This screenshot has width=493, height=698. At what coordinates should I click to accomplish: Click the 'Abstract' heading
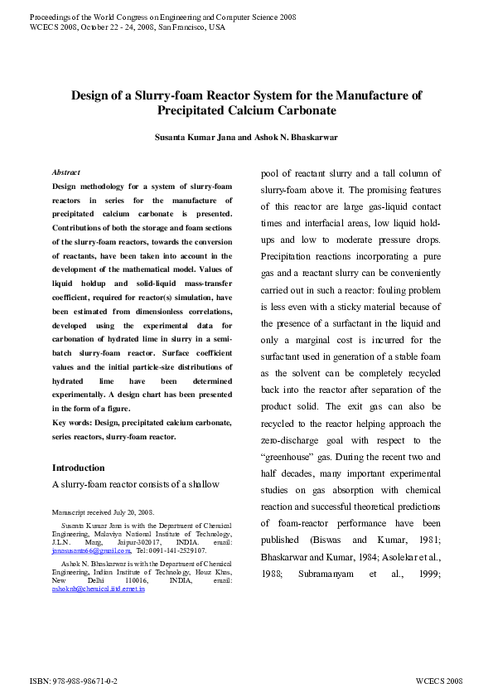point(65,172)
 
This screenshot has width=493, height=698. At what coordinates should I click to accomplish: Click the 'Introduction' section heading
point(79,468)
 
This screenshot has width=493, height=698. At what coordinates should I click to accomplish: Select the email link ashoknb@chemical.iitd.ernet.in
point(98,589)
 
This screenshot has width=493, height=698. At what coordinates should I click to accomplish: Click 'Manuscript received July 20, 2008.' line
point(102,512)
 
